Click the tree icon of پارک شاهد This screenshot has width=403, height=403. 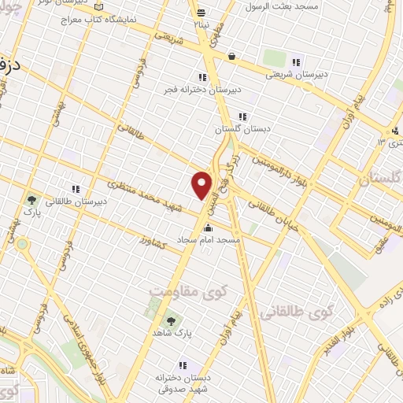coord(170,320)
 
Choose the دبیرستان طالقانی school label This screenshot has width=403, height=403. coord(76,201)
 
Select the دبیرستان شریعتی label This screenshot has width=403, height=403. coord(295,75)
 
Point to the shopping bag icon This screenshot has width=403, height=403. coord(231,56)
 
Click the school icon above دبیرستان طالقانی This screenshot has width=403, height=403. coord(76,189)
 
